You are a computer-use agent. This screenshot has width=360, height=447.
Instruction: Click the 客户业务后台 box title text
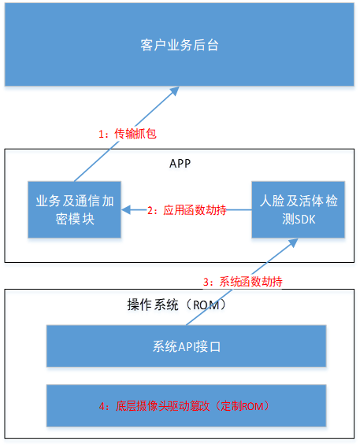click(180, 45)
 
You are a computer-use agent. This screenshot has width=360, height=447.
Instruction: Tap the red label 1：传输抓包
click(128, 134)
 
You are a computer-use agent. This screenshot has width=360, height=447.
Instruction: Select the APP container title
click(180, 164)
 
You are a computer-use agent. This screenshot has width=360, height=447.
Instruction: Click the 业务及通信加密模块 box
click(75, 209)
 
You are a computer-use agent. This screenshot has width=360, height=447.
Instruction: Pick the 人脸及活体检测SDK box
click(298, 209)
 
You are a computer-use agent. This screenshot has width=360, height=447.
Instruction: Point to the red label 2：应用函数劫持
click(187, 210)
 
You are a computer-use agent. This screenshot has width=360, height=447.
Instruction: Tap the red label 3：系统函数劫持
click(243, 282)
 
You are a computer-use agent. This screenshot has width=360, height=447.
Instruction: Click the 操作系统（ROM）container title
click(177, 305)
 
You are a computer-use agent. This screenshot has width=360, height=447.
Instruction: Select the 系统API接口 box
click(186, 345)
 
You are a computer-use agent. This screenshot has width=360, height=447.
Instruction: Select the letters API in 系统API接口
click(187, 346)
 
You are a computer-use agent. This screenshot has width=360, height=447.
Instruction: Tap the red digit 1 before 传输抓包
click(101, 134)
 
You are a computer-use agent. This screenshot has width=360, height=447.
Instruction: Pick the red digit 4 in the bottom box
click(102, 407)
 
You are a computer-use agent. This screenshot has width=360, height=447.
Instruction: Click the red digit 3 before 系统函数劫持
click(206, 282)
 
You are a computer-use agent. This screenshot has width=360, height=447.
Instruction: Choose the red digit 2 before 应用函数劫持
click(150, 210)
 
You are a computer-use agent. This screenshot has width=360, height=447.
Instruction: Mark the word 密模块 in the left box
click(75, 219)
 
